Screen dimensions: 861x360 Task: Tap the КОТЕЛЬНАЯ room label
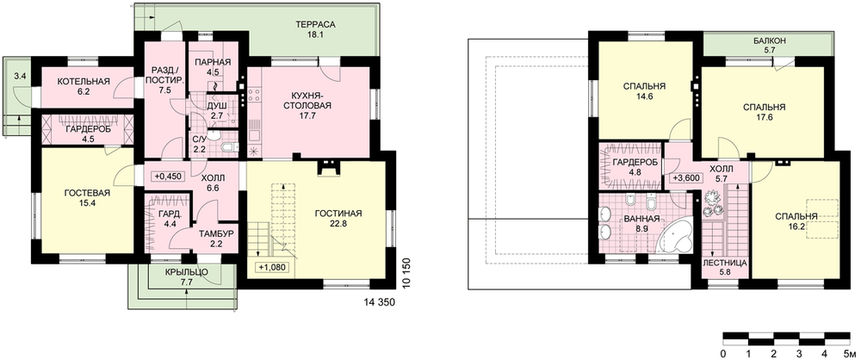(x=84, y=81)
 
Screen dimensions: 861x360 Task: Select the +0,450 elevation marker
(x=168, y=176)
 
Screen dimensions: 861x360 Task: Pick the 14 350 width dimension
(x=380, y=302)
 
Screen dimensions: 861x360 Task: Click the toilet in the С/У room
(x=229, y=146)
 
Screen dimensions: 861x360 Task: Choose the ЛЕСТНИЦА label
(x=725, y=264)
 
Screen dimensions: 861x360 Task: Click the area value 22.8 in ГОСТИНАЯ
(x=338, y=223)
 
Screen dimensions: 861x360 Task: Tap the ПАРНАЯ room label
(x=213, y=61)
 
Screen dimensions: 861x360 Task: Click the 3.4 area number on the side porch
(x=20, y=76)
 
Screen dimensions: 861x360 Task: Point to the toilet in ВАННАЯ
(x=651, y=204)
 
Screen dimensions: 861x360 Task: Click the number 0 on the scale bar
(x=724, y=352)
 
